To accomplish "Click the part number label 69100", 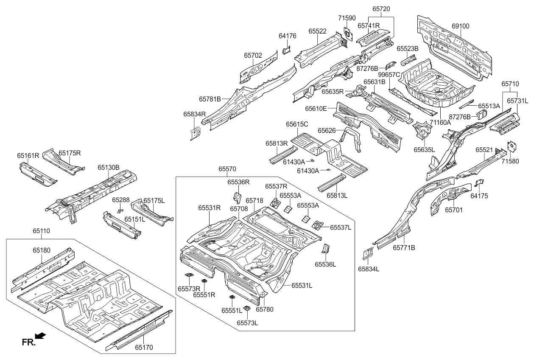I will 460,26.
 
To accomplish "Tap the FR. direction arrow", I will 40,336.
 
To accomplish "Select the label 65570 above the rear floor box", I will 227,169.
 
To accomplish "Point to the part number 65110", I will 41,231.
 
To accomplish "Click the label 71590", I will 347,19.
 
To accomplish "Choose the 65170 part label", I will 144,347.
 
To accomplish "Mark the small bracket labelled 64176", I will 286,51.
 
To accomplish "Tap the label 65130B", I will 109,167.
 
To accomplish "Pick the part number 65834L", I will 368,269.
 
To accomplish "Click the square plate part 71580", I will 512,146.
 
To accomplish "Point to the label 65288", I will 120,200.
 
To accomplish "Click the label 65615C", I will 296,124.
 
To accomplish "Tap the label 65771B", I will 403,247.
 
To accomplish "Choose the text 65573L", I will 247,323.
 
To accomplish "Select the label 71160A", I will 440,122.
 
